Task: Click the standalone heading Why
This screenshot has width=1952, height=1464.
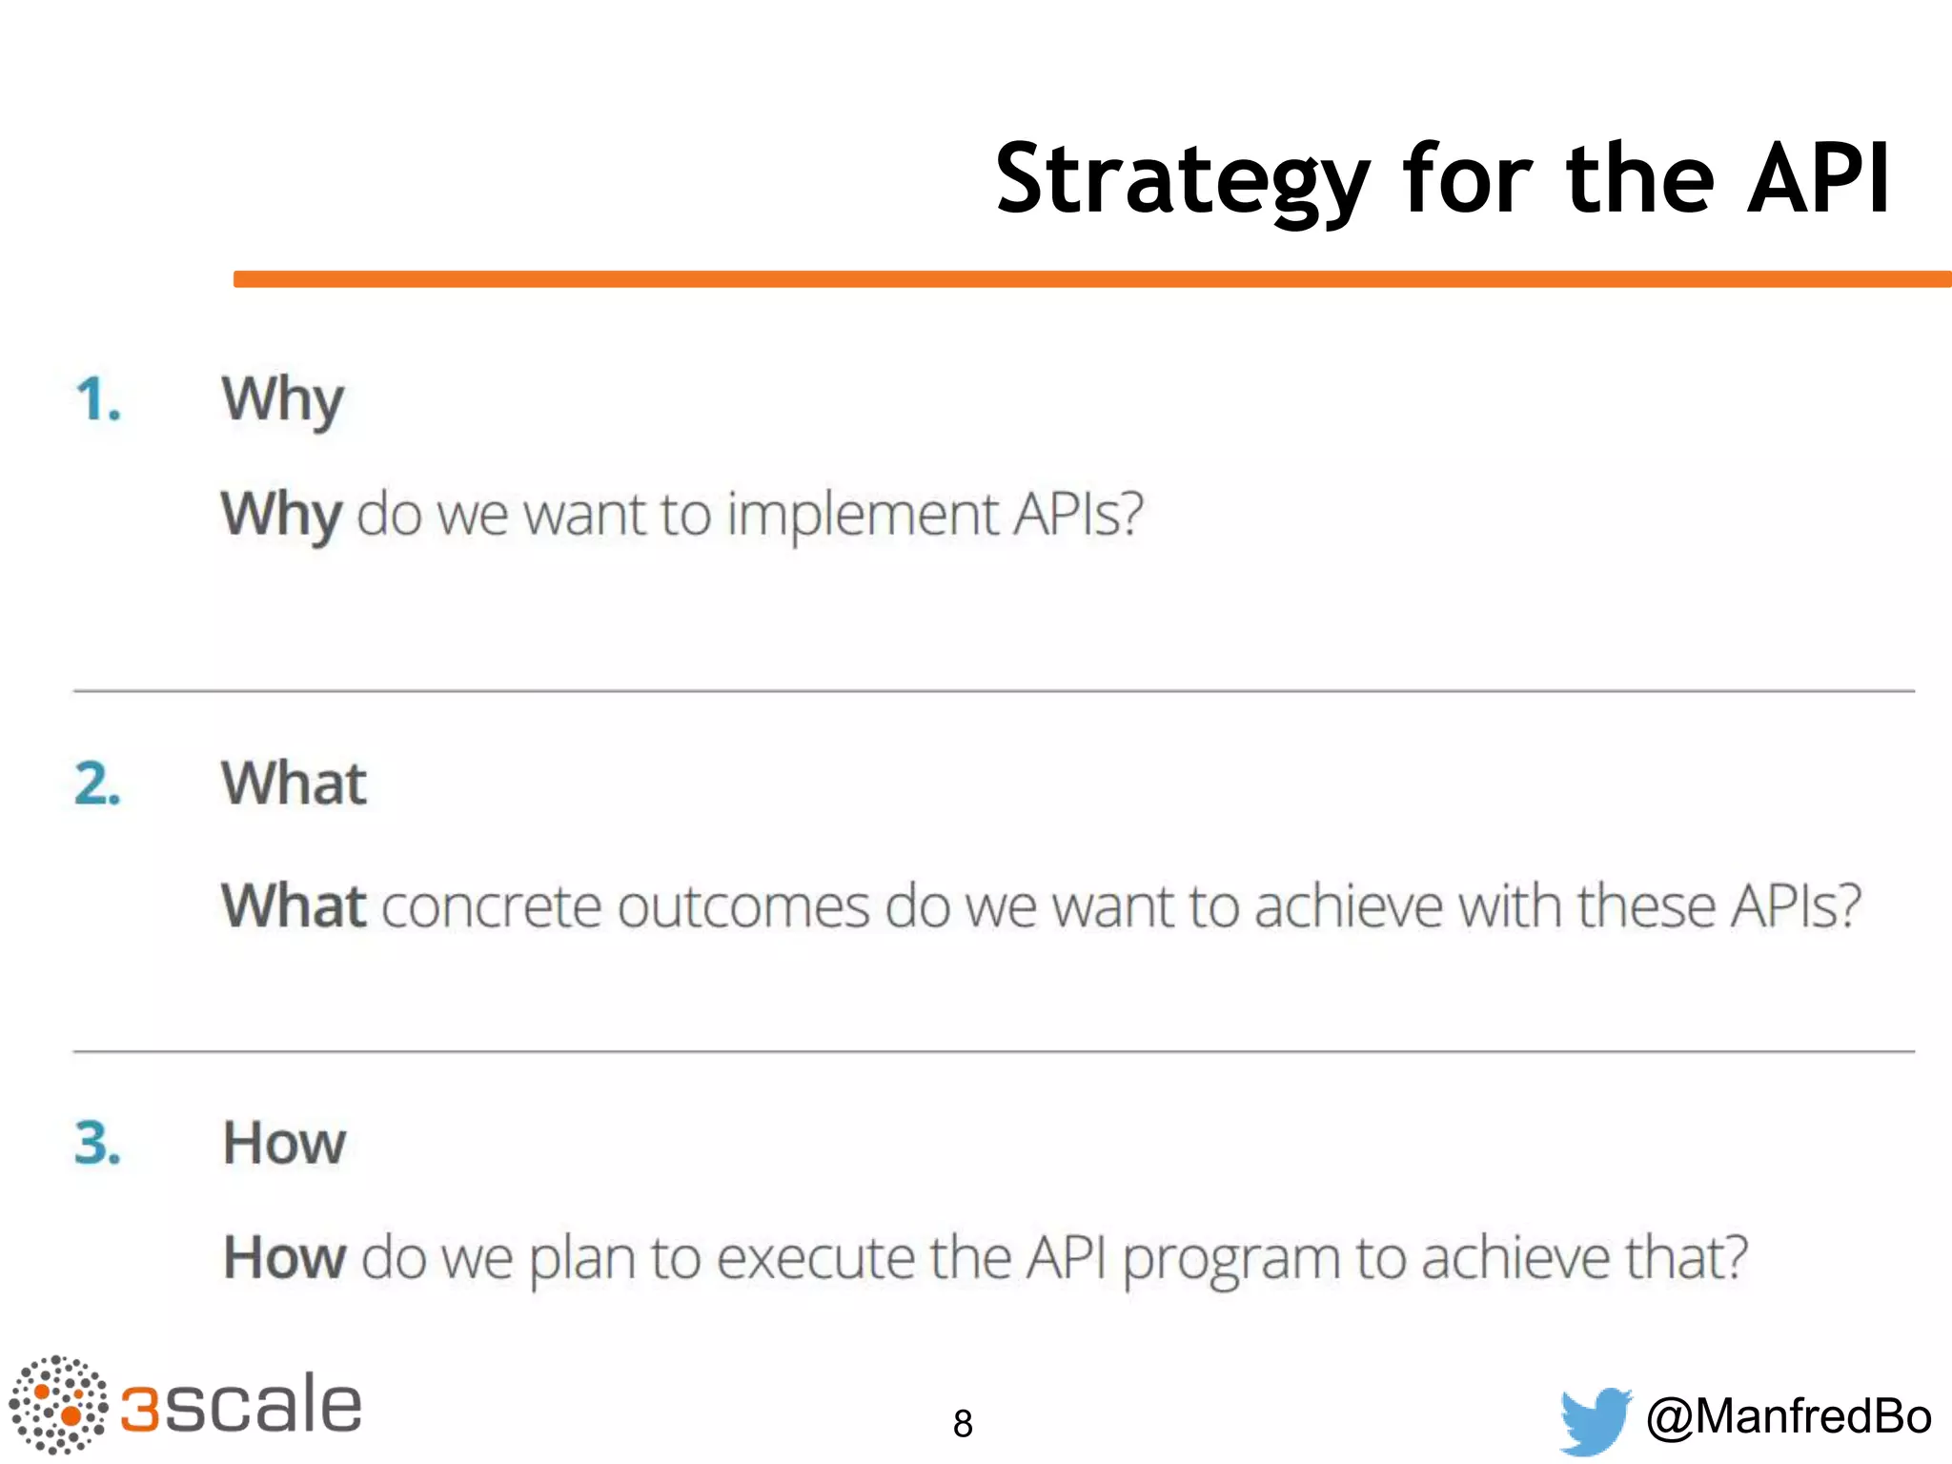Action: pyautogui.click(x=282, y=400)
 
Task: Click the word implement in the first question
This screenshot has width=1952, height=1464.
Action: pyautogui.click(x=863, y=516)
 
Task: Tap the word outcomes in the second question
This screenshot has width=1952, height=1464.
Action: pyautogui.click(x=742, y=905)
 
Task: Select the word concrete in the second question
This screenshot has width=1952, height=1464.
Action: pyautogui.click(x=491, y=905)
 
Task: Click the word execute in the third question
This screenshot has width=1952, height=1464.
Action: pyautogui.click(x=816, y=1258)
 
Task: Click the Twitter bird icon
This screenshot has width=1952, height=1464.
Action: pyautogui.click(x=1595, y=1419)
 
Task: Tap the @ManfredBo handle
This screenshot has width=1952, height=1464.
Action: pyautogui.click(x=1788, y=1416)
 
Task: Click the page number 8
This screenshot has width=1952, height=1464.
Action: pyautogui.click(x=963, y=1424)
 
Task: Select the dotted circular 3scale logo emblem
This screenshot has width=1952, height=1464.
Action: pyautogui.click(x=58, y=1404)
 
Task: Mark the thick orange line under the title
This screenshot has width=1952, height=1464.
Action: pyautogui.click(x=1092, y=279)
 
